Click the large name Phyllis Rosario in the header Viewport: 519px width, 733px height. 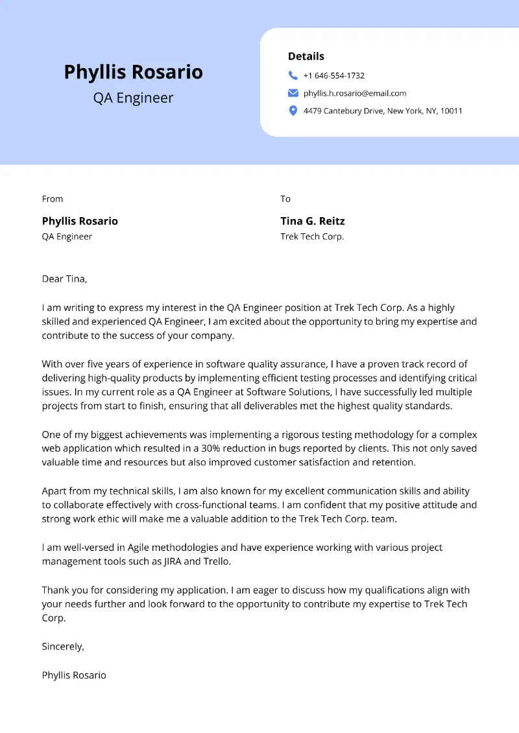[x=133, y=72]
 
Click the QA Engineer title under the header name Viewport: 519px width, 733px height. [x=133, y=98]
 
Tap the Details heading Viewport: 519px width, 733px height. [x=306, y=56]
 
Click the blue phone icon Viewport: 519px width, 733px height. [x=293, y=75]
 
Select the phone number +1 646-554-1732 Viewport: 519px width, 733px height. [x=333, y=76]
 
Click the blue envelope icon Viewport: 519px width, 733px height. [x=293, y=93]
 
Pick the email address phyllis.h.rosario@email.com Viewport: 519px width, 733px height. [x=354, y=93]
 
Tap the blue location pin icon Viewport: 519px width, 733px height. [x=293, y=111]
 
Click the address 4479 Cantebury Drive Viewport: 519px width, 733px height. [x=343, y=111]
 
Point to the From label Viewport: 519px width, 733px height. [x=53, y=199]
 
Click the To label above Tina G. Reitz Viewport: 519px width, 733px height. [x=285, y=199]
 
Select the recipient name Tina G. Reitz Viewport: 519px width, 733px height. [x=313, y=221]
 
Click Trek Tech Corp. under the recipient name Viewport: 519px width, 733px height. [x=312, y=237]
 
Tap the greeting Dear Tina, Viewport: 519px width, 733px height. [x=64, y=279]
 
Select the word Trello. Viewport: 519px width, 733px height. [x=217, y=561]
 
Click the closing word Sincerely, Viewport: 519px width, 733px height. [x=63, y=646]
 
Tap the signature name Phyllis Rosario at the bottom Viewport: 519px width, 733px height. [x=74, y=675]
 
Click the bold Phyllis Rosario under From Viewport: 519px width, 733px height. [x=80, y=221]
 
